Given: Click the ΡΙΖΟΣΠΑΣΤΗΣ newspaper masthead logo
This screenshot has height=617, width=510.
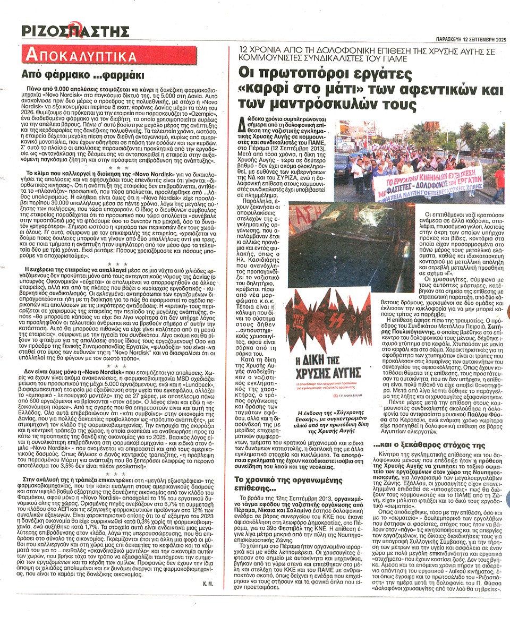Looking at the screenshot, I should [75, 30].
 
